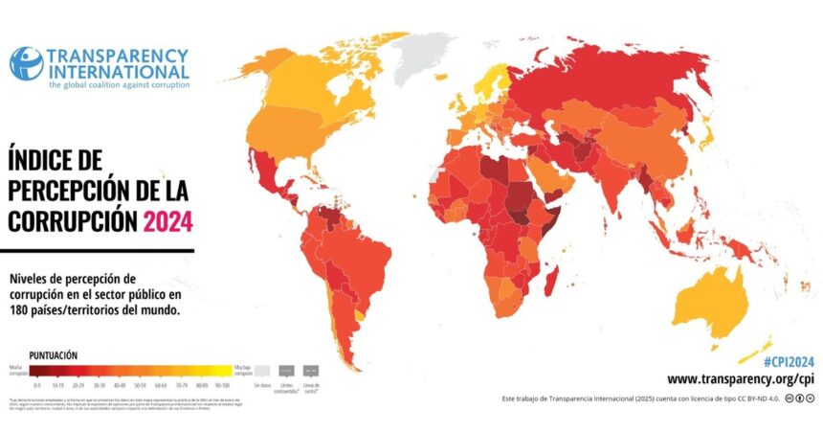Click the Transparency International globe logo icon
pyautogui.click(x=26, y=64)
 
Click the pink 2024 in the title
pyautogui.click(x=167, y=220)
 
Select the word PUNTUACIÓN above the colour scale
pyautogui.click(x=54, y=354)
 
